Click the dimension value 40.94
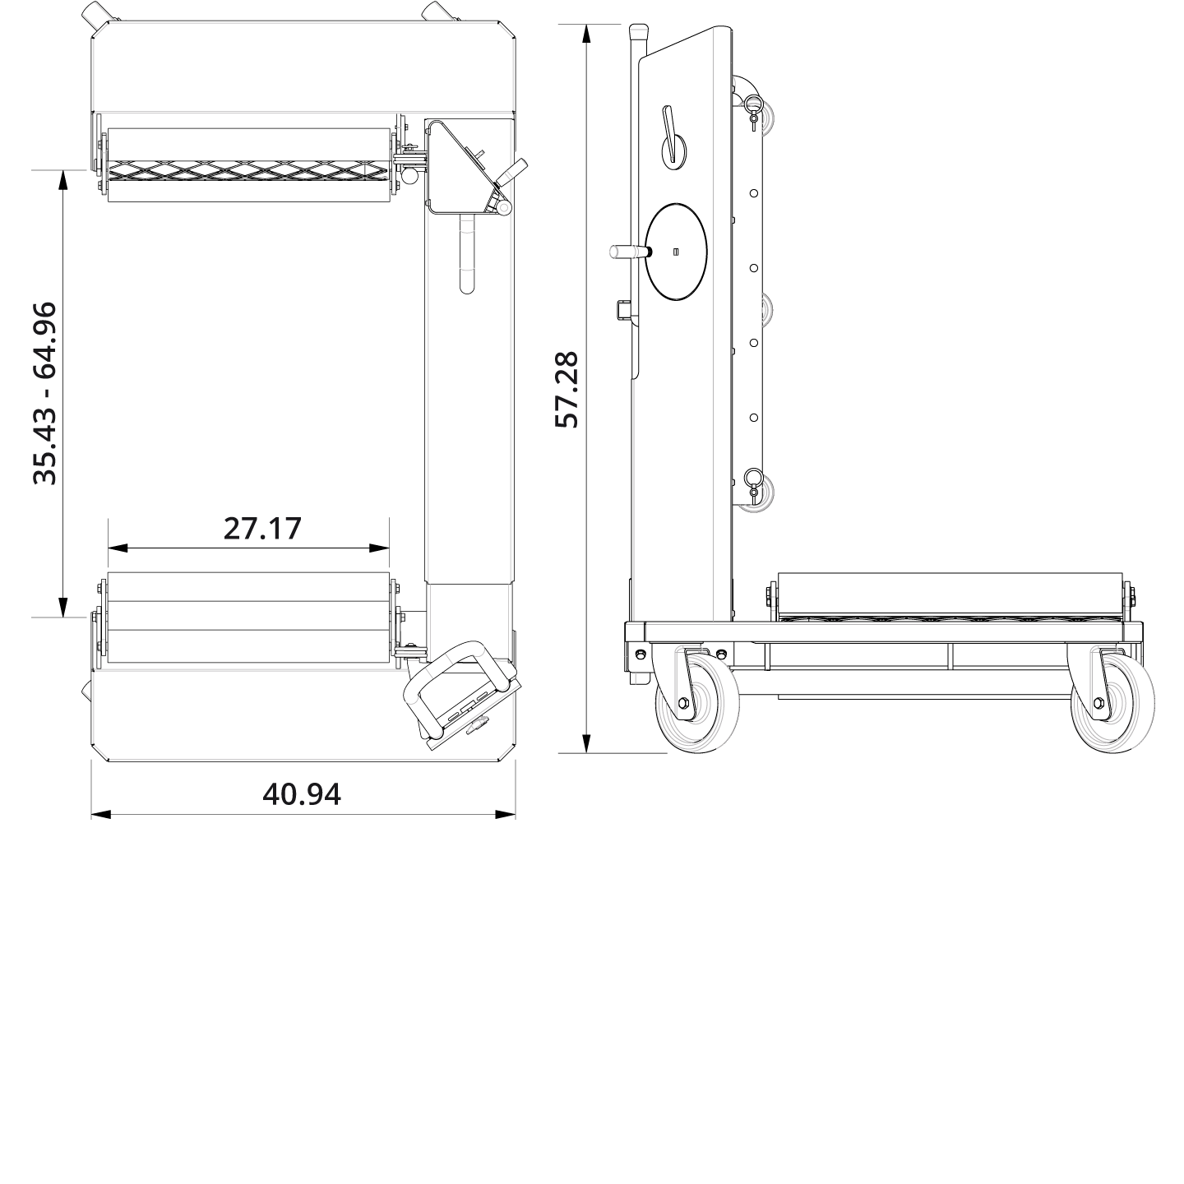tap(301, 793)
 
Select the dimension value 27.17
tap(262, 528)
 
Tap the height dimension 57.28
tap(567, 389)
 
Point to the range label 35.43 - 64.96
tap(44, 393)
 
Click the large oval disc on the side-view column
tap(676, 252)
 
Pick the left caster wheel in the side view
tap(696, 704)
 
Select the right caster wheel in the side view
tap(1112, 704)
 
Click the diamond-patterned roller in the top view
tap(247, 170)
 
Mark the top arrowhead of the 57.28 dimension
tap(585, 34)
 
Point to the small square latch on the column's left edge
tap(622, 310)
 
